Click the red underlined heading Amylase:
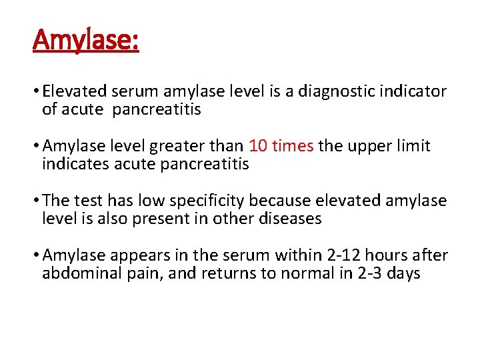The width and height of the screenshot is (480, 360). click(86, 41)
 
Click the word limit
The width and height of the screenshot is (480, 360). click(415, 146)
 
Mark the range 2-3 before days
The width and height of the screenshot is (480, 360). click(368, 273)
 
